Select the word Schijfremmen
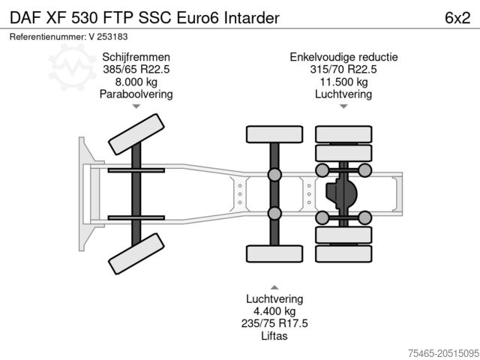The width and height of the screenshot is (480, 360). pos(136,57)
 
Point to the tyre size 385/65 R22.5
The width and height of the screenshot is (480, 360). pos(136,70)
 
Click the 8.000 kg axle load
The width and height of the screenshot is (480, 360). pos(136,82)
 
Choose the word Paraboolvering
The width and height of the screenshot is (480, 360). pos(136,94)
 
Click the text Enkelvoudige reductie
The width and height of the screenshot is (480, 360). pos(343,57)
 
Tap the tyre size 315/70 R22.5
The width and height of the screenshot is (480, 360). pos(343,70)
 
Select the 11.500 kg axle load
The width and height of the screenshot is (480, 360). pos(343,82)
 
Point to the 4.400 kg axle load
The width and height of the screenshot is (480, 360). pos(274,310)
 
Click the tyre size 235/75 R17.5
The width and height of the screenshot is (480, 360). pos(274,323)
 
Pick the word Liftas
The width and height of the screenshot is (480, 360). pos(274,336)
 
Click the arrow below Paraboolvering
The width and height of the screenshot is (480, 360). pos(136,106)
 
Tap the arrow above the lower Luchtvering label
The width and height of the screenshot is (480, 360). pos(274,286)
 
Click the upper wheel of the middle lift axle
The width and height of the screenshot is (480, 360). pos(274,134)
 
